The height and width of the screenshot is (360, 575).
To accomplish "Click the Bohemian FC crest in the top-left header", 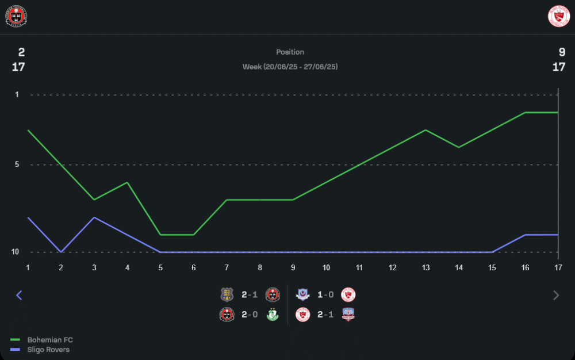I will pos(17,17).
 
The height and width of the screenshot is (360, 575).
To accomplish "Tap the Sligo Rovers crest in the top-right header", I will pos(558,17).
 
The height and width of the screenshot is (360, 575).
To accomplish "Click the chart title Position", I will pos(290,52).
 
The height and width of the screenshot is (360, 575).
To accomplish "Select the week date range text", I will pos(290,67).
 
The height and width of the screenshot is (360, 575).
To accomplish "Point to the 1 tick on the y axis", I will pos(17,94).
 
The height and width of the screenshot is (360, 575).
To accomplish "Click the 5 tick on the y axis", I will pos(17,164).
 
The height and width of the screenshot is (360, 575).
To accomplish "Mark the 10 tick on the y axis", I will pos(16,252).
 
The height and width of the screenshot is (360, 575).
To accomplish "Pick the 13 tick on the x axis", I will pos(425,267).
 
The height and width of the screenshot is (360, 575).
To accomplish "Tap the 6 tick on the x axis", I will pos(194,267).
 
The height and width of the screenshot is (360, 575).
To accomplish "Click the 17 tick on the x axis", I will pos(558,267).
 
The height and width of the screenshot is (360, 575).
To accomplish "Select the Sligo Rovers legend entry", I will pos(48,350).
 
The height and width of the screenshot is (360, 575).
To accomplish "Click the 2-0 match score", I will pos(250,315).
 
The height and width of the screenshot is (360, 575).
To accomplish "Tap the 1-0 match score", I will pos(325,295).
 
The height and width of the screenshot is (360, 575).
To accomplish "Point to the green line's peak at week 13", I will pos(425,130).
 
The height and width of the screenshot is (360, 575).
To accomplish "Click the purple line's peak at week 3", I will pos(94,217).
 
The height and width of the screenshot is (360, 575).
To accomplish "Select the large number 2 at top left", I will pos(21,52).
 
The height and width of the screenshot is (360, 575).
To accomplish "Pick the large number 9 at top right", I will pos(562,52).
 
